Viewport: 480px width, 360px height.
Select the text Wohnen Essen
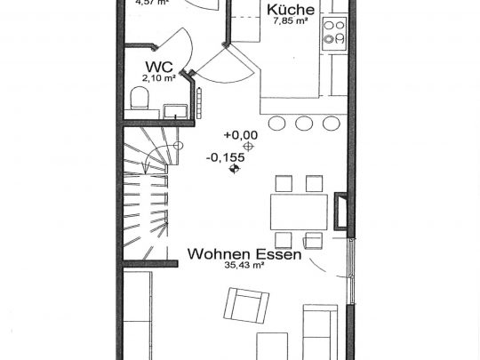coord(244,253)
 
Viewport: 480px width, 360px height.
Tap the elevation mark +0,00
coord(239,135)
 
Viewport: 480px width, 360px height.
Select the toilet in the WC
coord(140,98)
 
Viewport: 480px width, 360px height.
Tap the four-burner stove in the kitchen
coord(334,32)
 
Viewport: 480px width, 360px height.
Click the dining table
coord(299,211)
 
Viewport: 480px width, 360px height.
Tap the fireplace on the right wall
coord(340,212)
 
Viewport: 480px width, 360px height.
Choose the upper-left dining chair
coord(284,184)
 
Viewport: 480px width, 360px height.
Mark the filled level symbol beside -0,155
coord(234,170)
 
